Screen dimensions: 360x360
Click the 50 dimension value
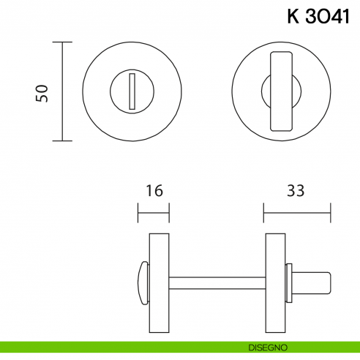coord(42,92)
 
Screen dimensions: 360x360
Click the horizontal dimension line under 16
coord(153,214)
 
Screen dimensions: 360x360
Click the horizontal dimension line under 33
coord(297,214)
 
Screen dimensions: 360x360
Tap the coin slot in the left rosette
coord(132,91)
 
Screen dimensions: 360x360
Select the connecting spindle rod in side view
coord(217,281)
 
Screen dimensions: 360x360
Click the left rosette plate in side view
coord(159,281)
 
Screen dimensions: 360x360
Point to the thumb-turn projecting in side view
coord(311,281)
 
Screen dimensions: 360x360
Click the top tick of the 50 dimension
coord(62,42)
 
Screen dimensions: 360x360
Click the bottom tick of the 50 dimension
coord(62,141)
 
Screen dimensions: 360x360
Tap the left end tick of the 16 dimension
coord(138,214)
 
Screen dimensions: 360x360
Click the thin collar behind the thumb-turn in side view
coord(290,281)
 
